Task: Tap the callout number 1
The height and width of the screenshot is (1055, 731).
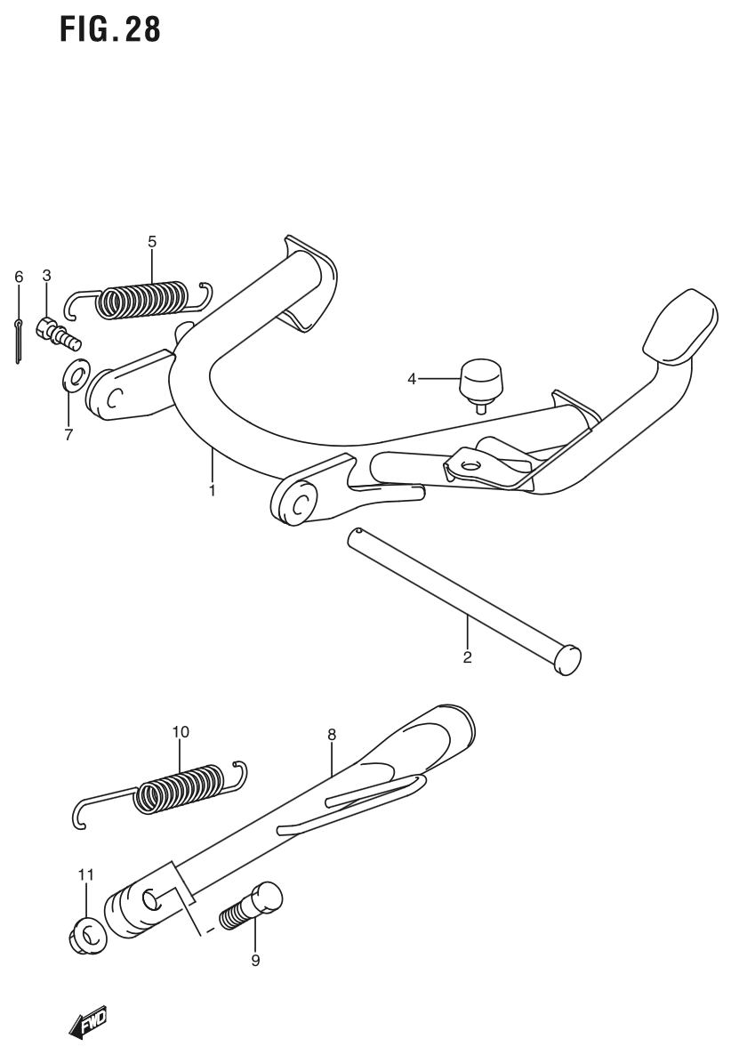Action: click(213, 490)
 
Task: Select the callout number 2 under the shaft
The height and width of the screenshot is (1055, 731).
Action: click(467, 658)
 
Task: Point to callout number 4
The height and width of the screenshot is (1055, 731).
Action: click(412, 379)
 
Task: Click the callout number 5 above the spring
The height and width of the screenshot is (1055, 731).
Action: click(152, 241)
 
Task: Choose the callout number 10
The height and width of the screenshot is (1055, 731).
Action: click(181, 732)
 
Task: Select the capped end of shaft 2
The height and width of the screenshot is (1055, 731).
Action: click(566, 660)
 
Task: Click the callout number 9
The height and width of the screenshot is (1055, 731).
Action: click(255, 961)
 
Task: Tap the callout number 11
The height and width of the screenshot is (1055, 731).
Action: click(84, 875)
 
